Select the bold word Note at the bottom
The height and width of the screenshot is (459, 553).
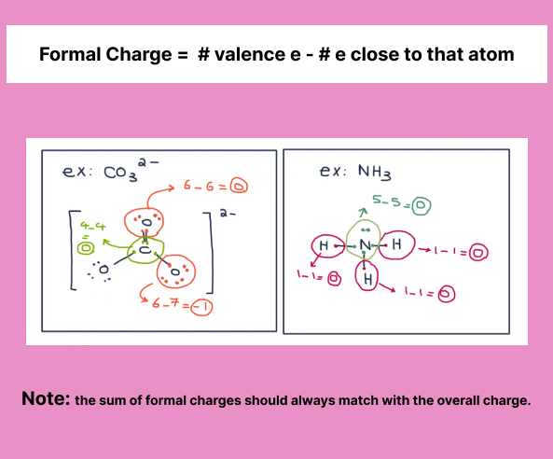[46, 398]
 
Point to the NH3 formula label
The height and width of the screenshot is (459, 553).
[375, 173]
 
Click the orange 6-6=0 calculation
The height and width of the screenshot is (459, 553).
[215, 186]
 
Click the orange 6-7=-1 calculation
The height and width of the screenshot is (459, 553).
[183, 306]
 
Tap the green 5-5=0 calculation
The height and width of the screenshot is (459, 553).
[402, 203]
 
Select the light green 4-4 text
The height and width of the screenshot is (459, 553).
[92, 226]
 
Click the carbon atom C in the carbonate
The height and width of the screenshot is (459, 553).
[145, 250]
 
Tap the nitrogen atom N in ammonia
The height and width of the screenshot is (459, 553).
[365, 244]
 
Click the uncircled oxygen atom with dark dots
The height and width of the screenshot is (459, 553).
[104, 270]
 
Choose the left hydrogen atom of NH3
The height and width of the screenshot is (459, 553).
[324, 245]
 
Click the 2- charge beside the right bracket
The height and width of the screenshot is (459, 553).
[228, 213]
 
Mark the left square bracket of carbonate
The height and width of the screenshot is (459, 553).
[74, 250]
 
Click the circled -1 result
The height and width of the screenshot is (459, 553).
[201, 308]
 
